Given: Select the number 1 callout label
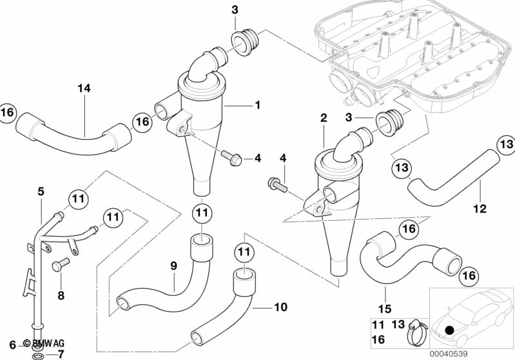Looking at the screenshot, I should [257, 104].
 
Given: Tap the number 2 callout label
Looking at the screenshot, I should [323, 118].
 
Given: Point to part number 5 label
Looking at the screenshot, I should [41, 191].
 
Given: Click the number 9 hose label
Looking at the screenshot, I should [173, 265].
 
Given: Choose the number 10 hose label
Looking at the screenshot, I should [280, 307].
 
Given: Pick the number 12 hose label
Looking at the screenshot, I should [481, 209].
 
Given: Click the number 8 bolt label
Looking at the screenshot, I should [61, 296].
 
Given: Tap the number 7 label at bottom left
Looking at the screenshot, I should [61, 354].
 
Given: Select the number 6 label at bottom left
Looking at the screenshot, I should [12, 345].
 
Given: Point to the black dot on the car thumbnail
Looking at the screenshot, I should [450, 330].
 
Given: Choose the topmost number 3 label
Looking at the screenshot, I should [235, 9].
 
